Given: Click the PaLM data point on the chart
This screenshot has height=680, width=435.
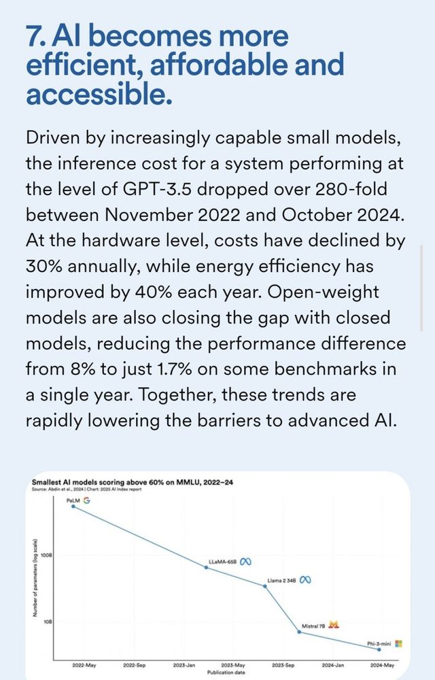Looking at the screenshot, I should coord(73,506).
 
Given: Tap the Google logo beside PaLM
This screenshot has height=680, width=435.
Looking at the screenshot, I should coord(86,500).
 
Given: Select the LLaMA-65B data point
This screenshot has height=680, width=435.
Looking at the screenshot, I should coord(207,567).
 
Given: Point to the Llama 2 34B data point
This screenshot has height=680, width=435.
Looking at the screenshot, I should coord(265,586).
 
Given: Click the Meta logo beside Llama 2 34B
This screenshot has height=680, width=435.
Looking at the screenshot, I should coord(305,580).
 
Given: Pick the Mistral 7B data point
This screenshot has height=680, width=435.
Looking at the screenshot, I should coord(300,632).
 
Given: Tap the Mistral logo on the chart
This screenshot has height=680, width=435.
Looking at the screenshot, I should coord(334,626).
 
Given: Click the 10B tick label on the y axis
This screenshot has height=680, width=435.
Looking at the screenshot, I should coord(48,622).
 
